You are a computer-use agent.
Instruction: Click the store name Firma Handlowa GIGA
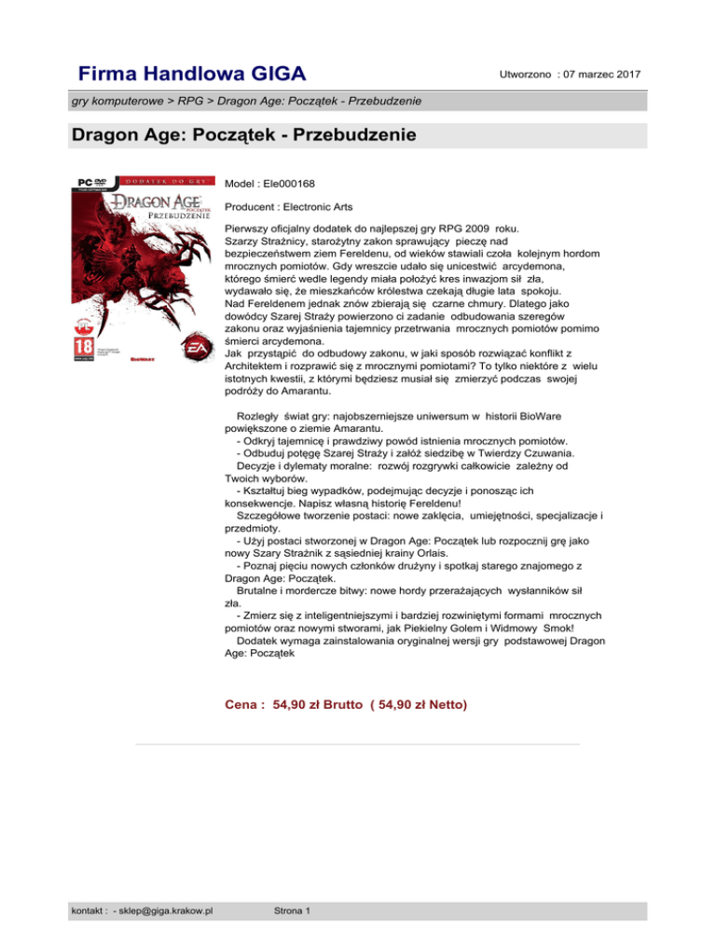pyautogui.click(x=193, y=73)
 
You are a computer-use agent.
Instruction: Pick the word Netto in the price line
pyautogui.click(x=441, y=701)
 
